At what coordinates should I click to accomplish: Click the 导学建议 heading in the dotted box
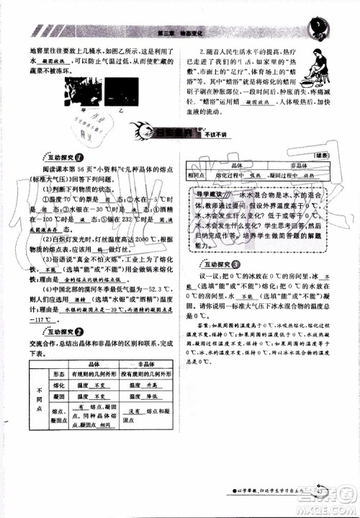(x=216, y=193)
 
